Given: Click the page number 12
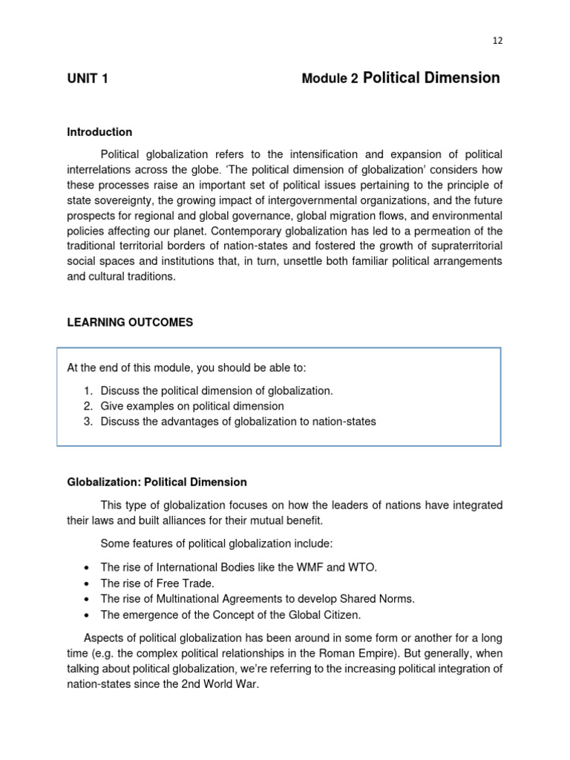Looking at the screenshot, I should coord(497,41).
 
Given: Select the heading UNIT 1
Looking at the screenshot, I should coord(88,79).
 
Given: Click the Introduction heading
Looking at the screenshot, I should coord(99,132).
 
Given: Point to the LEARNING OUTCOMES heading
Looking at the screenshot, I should coord(130,323).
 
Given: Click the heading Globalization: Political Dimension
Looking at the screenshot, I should coord(157,482).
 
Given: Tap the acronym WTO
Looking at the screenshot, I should coord(361,568).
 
